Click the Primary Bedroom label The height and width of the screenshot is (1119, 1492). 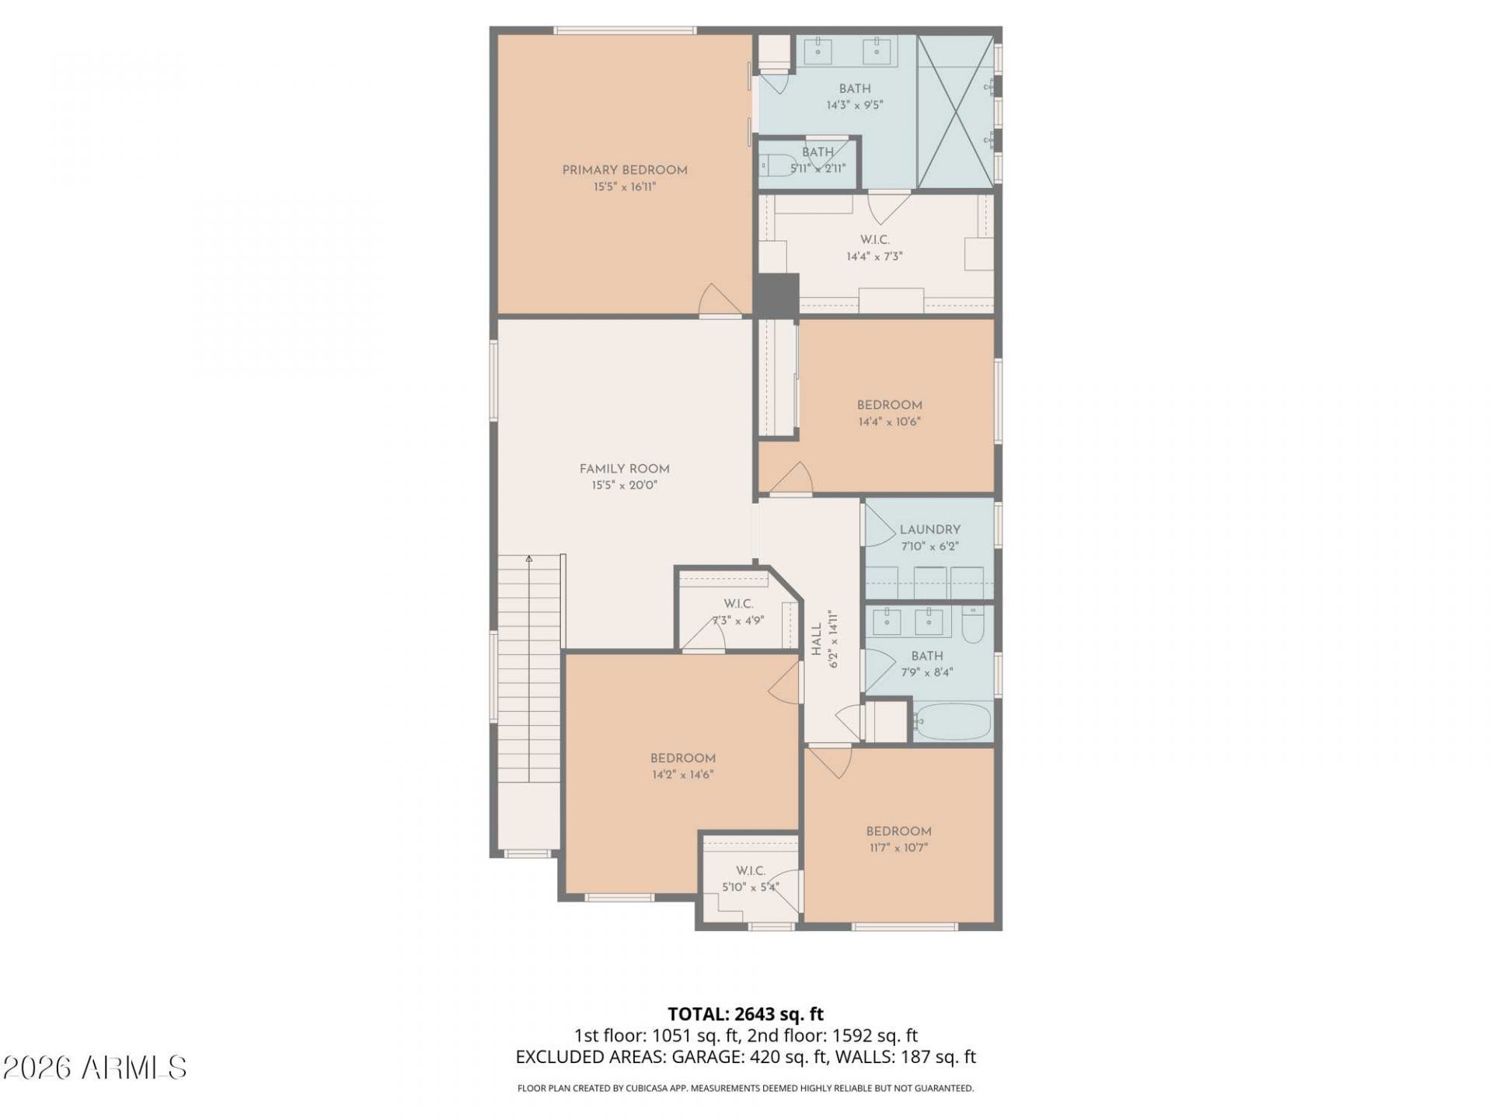pos(625,170)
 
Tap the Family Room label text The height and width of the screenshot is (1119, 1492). pos(624,469)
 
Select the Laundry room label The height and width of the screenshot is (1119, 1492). pos(930,529)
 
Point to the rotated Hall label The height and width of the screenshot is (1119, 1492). pos(817,640)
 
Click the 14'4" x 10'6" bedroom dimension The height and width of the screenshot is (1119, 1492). pos(890,422)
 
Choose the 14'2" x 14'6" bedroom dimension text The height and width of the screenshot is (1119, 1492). pos(683,775)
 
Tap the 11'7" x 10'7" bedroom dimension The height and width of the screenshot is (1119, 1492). pos(899,848)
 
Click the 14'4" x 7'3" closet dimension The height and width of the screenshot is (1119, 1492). pos(875,256)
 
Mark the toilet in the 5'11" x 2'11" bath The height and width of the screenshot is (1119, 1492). pos(774,166)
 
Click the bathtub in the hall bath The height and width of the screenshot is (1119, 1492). pos(952,722)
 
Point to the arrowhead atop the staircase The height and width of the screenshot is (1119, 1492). pos(529,558)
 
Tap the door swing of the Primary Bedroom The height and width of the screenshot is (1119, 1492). pos(718,300)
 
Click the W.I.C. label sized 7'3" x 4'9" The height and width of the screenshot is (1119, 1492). pos(738,604)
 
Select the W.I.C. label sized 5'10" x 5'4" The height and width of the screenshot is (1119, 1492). pos(751,870)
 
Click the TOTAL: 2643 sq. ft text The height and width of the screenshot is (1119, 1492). pos(746,1013)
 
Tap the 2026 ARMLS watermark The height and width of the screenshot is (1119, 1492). pos(95,1068)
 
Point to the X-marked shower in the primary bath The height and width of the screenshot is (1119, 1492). pos(955,110)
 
